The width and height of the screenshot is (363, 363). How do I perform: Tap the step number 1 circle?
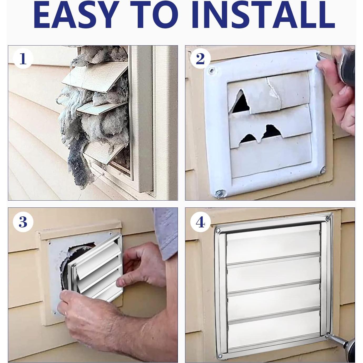(23, 59)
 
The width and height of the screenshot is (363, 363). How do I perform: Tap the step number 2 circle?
(200, 59)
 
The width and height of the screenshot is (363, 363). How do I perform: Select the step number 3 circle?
(23, 222)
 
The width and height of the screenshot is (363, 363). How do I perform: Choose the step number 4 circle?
(200, 222)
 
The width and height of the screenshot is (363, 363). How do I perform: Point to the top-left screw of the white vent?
(212, 71)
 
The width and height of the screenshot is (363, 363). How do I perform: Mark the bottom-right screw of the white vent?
(322, 170)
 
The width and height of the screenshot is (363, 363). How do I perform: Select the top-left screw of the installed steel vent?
(218, 230)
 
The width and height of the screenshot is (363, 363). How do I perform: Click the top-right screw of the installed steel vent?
(328, 218)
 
